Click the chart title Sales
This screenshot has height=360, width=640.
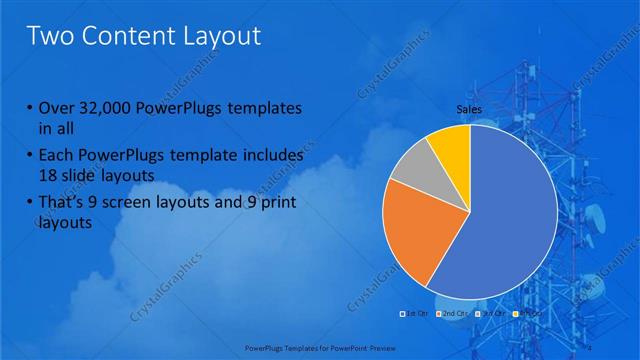pos(470,108)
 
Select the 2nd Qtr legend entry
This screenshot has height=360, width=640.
pos(450,314)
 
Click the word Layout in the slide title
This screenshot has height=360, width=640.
pos(215,37)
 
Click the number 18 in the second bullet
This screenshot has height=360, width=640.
pos(48,176)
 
